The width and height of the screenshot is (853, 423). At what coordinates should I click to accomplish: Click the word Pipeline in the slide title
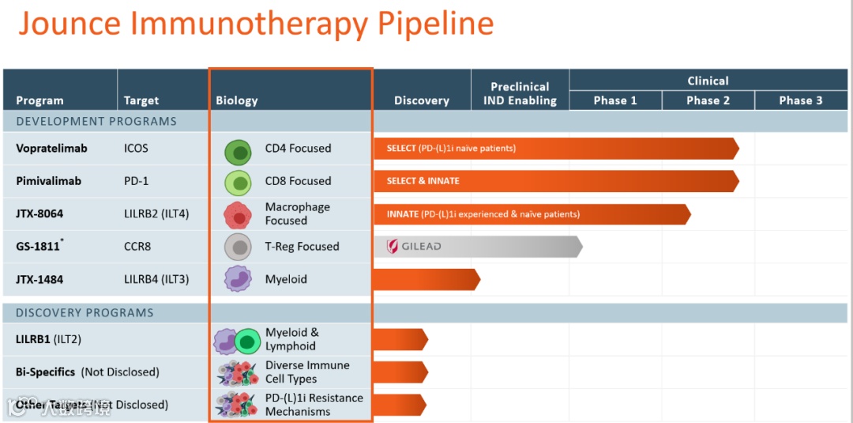[435, 24]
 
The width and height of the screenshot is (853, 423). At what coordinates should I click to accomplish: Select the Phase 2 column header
[708, 100]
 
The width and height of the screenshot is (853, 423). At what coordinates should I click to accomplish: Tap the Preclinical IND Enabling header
[520, 93]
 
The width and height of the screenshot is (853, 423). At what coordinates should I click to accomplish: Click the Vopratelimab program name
[51, 148]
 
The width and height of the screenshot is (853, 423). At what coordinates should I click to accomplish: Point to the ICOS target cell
[136, 148]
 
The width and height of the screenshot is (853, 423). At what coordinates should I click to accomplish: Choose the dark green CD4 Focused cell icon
[238, 149]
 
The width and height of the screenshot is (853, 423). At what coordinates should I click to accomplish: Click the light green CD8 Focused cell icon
[238, 182]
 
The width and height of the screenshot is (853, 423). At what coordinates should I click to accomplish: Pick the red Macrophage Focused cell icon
[238, 214]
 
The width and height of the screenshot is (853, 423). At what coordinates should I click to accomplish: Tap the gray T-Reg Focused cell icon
[238, 247]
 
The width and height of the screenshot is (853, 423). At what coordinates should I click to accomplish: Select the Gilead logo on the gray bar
[414, 247]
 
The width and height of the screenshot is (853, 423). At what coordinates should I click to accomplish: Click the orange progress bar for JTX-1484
[425, 279]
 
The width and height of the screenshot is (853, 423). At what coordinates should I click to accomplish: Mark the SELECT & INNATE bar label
[423, 181]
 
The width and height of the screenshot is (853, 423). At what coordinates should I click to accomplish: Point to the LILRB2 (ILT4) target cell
[156, 213]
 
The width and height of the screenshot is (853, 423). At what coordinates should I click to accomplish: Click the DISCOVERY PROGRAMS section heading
[85, 312]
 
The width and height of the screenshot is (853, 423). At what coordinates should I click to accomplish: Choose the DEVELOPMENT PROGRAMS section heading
[96, 121]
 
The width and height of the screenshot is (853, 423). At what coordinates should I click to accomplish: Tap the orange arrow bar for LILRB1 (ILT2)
[400, 339]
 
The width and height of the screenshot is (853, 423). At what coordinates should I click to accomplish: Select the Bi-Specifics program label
[46, 372]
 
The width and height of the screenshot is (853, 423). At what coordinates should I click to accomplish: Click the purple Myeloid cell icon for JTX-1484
[238, 279]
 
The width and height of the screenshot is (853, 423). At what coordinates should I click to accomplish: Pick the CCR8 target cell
[137, 247]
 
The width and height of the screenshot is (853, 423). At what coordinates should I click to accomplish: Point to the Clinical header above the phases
[708, 81]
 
